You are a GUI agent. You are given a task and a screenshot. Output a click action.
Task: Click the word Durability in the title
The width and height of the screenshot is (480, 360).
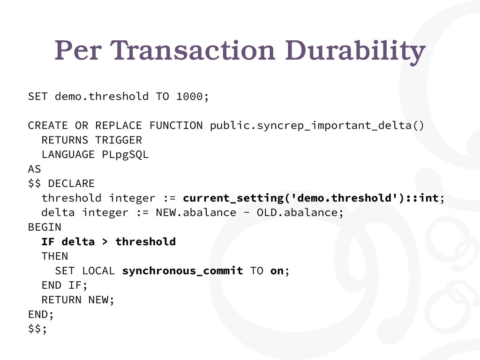click(x=355, y=51)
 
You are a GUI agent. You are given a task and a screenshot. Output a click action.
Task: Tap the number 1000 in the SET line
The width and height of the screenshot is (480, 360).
click(x=189, y=97)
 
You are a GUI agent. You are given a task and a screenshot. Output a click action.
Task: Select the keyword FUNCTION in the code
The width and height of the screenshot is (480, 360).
click(x=176, y=126)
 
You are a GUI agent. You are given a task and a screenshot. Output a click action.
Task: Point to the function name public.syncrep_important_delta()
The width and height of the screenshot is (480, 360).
click(x=317, y=126)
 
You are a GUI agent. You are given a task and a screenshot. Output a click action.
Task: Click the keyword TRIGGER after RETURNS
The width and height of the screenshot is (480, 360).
click(x=119, y=140)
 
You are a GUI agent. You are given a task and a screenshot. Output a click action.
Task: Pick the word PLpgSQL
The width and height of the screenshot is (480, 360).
click(x=125, y=155)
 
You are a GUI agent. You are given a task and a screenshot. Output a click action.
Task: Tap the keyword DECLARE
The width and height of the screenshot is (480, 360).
click(x=71, y=184)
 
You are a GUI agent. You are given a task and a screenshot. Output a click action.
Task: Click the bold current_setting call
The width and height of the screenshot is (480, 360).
click(x=311, y=198)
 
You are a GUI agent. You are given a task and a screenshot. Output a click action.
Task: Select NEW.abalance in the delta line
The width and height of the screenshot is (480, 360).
click(x=196, y=212)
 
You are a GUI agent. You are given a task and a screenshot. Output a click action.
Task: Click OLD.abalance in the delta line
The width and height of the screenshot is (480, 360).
click(x=297, y=212)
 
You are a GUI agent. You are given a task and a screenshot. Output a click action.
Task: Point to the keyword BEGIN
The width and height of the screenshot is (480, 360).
click(x=45, y=227)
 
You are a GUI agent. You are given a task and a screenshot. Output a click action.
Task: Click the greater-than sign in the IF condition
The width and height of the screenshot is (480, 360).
click(x=105, y=242)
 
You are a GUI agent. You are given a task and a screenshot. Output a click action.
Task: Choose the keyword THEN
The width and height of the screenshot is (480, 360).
click(x=55, y=256)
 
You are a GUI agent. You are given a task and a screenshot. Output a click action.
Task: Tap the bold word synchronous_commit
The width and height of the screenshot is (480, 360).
click(x=182, y=271)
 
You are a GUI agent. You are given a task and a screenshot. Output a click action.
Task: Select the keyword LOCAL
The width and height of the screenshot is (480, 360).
click(x=98, y=271)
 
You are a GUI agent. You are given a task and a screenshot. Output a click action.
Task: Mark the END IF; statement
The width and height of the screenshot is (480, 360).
click(x=65, y=285)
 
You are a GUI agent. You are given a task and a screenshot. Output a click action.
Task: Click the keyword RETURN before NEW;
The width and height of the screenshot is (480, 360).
click(x=61, y=300)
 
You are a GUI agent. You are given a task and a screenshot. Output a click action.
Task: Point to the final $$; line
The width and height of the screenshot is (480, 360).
click(x=37, y=329)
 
